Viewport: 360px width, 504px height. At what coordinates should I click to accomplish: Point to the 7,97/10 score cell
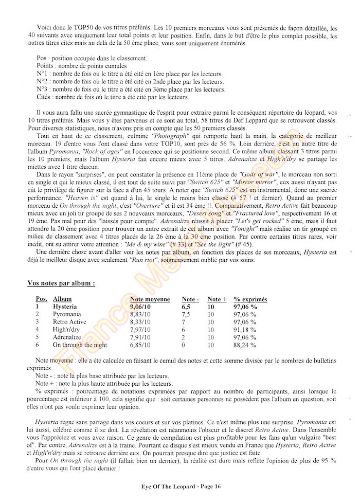[x=143, y=329]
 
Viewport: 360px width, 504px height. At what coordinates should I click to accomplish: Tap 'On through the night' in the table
[x=80, y=345]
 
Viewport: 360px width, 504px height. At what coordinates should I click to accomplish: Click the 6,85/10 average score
[x=143, y=345]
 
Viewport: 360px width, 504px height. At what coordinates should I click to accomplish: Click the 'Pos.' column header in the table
[x=41, y=299]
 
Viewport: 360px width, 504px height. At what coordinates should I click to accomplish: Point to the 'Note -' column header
[x=190, y=299]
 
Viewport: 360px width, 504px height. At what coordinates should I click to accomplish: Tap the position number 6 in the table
[x=38, y=345]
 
